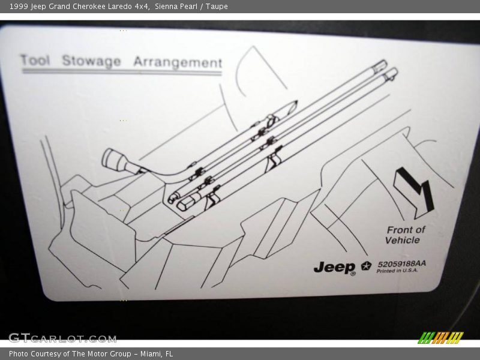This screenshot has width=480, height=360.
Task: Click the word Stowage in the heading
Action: pyautogui.click(x=91, y=61)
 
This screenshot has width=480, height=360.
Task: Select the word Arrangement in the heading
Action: pyautogui.click(x=178, y=62)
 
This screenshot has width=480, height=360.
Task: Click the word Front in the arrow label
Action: pyautogui.click(x=400, y=230)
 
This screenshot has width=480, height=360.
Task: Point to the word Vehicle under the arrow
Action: pyautogui.click(x=403, y=240)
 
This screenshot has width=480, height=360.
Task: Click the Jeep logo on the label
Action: pyautogui.click(x=335, y=268)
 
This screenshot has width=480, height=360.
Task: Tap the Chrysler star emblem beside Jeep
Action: pyautogui.click(x=366, y=266)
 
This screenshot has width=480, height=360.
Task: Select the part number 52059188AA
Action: pyautogui.click(x=401, y=263)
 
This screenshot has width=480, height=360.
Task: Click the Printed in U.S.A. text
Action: pyautogui.click(x=397, y=271)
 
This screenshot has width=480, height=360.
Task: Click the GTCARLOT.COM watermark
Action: pyautogui.click(x=62, y=338)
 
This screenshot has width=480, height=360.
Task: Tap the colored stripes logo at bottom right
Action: pyautogui.click(x=441, y=337)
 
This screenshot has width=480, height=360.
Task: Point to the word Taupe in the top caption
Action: pyautogui.click(x=216, y=7)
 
